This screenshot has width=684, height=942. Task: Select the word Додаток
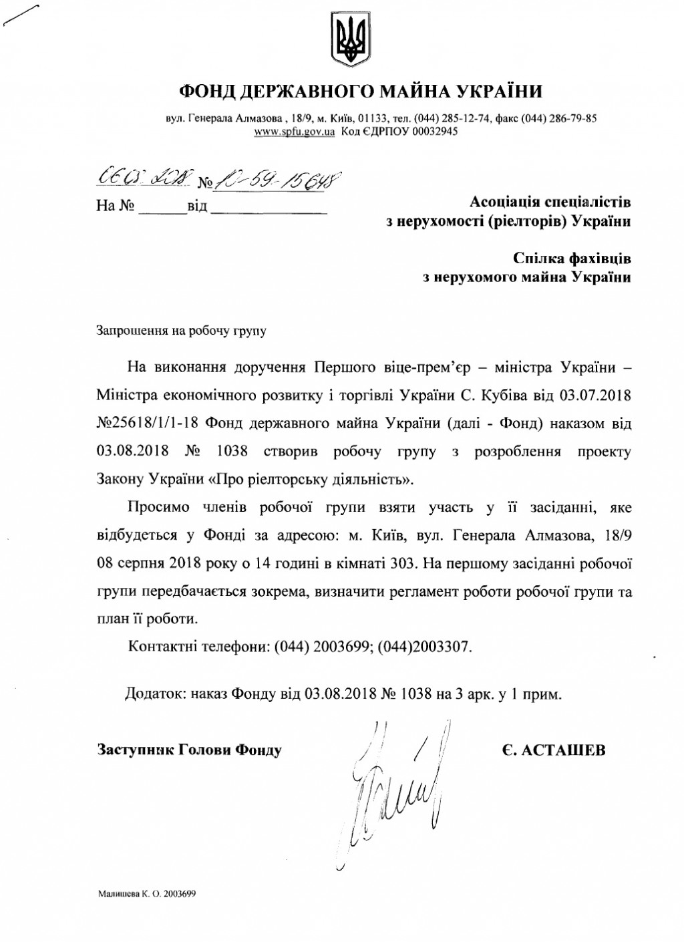[152, 694]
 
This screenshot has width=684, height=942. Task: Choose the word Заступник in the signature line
[136, 750]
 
